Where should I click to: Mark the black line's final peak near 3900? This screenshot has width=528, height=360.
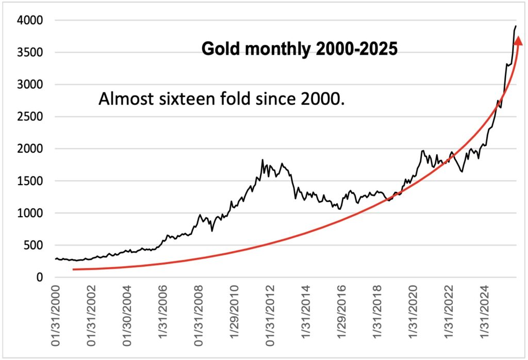point(516,26)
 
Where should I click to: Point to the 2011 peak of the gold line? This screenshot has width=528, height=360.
point(262,160)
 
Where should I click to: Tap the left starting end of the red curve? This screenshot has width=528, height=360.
point(74,269)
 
